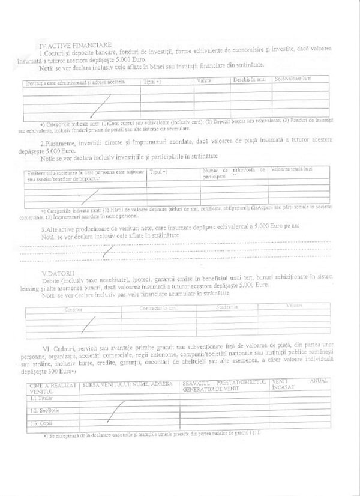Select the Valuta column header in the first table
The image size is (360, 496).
click(205, 80)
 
